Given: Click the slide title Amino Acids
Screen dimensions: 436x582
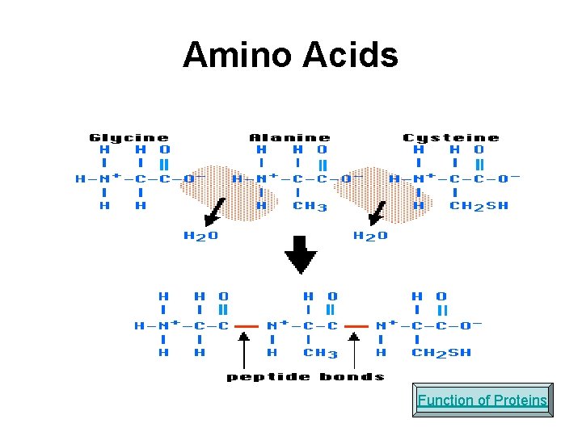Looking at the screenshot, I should coord(290,56).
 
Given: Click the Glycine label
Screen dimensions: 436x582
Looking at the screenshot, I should coord(129,138).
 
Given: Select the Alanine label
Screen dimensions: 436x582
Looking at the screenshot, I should coord(289,138).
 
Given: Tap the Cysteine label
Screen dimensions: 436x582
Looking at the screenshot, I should coord(451,138).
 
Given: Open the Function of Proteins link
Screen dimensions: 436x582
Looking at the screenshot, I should coord(483,400).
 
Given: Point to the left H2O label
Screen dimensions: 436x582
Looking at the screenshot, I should coord(200,237).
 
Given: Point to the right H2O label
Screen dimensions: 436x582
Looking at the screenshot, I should coord(370,237).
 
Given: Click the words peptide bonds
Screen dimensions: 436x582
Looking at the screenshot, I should coord(306,376).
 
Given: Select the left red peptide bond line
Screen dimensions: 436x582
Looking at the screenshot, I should coord(246,326).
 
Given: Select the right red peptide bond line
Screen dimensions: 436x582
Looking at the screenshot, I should coord(356,326).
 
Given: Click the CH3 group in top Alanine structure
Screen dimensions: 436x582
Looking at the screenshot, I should coord(310,206).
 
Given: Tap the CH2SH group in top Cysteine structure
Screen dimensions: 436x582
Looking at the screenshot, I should coord(479,206).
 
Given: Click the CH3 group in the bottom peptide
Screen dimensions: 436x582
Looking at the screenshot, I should coord(321,353).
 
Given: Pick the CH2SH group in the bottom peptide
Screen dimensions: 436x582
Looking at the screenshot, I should coord(441,353).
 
